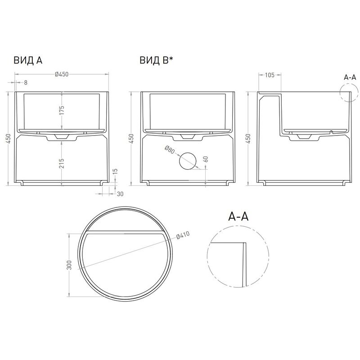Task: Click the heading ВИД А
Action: pos(28,60)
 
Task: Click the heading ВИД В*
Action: pos(156,60)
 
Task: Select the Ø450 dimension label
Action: pos(62,74)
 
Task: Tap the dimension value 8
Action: pos(26,82)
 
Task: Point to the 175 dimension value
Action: pos(62,110)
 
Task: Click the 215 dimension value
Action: pos(62,163)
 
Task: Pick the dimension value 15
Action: pos(115,171)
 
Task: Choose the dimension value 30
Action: pos(120,194)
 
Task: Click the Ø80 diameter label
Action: pos(170,150)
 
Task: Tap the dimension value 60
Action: pos(206,159)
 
